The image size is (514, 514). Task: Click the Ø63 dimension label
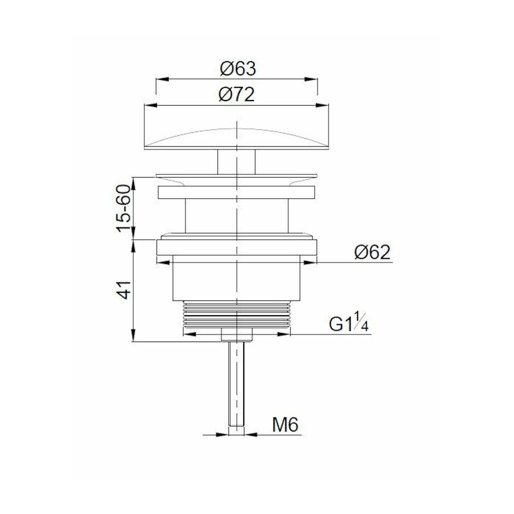(x=237, y=69)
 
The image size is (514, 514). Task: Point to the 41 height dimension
(x=123, y=291)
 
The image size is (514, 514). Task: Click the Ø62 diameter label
(x=372, y=252)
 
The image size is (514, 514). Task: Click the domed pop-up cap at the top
(x=237, y=137)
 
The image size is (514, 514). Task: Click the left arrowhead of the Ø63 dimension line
(x=160, y=79)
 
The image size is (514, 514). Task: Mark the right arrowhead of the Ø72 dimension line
(x=326, y=105)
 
